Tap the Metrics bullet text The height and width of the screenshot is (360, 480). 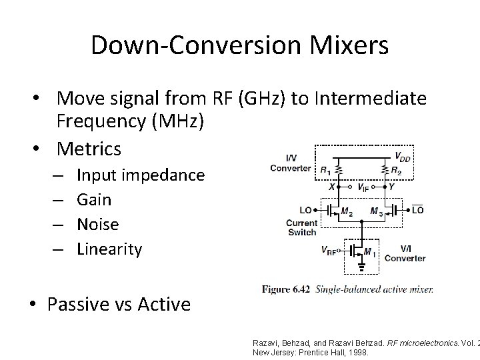tap(89, 148)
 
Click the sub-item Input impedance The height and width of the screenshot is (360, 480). tap(141, 175)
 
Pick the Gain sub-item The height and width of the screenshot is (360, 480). tap(94, 199)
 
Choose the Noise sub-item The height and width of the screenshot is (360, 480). tap(98, 224)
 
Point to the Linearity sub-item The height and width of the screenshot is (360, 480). tap(109, 249)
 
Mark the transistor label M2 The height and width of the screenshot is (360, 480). tap(347, 213)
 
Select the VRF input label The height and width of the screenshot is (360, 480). tap(328, 251)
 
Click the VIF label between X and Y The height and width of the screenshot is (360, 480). tap(364, 189)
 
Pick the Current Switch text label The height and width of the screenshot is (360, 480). tap(301, 227)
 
